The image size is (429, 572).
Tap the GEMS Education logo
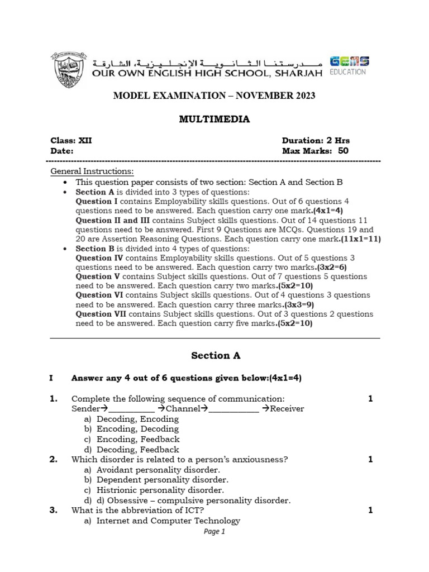[x=349, y=65]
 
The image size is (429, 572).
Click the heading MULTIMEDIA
[x=214, y=119]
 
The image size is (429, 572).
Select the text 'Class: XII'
[x=71, y=141]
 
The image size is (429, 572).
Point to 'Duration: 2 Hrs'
[x=316, y=141]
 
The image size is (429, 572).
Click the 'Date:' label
[x=62, y=151]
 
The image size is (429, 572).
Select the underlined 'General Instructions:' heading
[x=92, y=171]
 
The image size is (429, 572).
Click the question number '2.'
[x=54, y=460]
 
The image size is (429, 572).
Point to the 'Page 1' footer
[x=214, y=532]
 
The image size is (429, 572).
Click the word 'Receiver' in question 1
[x=287, y=408]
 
